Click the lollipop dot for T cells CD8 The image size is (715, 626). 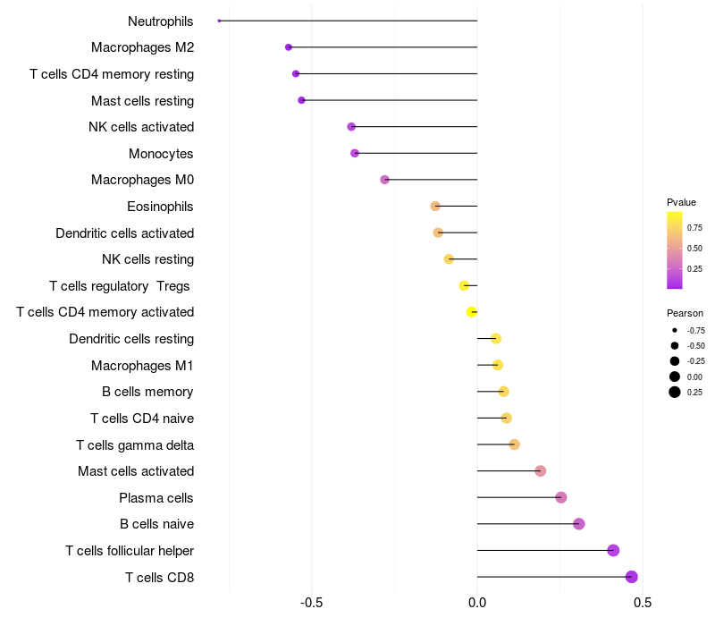(x=632, y=577)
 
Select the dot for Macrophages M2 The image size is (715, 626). (x=289, y=47)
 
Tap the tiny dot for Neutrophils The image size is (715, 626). (x=219, y=21)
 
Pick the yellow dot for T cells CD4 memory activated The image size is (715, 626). (x=472, y=312)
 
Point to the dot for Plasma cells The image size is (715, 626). (x=561, y=497)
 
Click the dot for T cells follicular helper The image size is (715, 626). (x=613, y=550)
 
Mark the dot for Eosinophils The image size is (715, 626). (x=435, y=207)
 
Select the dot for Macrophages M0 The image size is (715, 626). (x=385, y=180)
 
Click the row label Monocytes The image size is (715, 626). (x=161, y=154)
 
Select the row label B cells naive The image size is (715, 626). (x=156, y=524)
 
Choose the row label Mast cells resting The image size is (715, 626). (x=142, y=100)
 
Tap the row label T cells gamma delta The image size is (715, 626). (x=135, y=444)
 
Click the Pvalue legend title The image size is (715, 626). (x=681, y=202)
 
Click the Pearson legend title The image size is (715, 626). (x=685, y=313)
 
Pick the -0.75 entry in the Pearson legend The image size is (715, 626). (x=696, y=330)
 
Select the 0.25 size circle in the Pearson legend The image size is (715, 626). (x=675, y=392)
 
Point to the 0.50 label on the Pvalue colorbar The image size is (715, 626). (x=694, y=248)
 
